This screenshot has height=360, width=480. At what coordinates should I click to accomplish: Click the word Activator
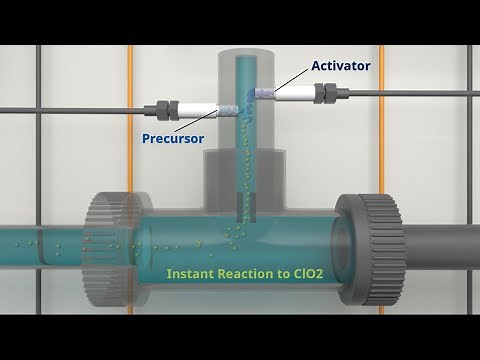click(340, 66)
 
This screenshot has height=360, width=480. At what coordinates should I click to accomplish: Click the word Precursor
click(174, 137)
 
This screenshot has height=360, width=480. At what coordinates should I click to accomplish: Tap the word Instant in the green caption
click(191, 272)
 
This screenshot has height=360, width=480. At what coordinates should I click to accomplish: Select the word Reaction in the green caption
click(252, 272)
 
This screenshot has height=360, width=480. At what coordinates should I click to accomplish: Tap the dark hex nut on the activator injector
click(325, 93)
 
